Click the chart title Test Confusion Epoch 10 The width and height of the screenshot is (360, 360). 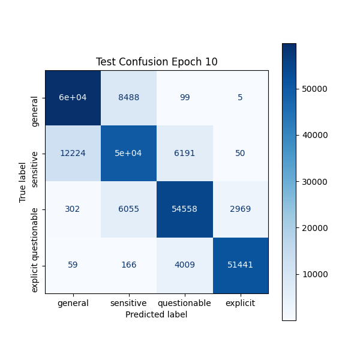click(157, 62)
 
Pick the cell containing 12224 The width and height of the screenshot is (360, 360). click(73, 154)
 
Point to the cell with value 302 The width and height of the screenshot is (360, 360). click(73, 209)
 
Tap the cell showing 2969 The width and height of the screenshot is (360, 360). click(241, 209)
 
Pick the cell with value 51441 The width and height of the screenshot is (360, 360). click(241, 265)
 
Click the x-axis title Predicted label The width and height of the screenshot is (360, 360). click(157, 314)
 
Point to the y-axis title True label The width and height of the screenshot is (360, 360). click(23, 182)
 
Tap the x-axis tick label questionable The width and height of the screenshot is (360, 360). click(185, 303)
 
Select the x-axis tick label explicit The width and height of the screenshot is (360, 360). click(241, 303)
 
